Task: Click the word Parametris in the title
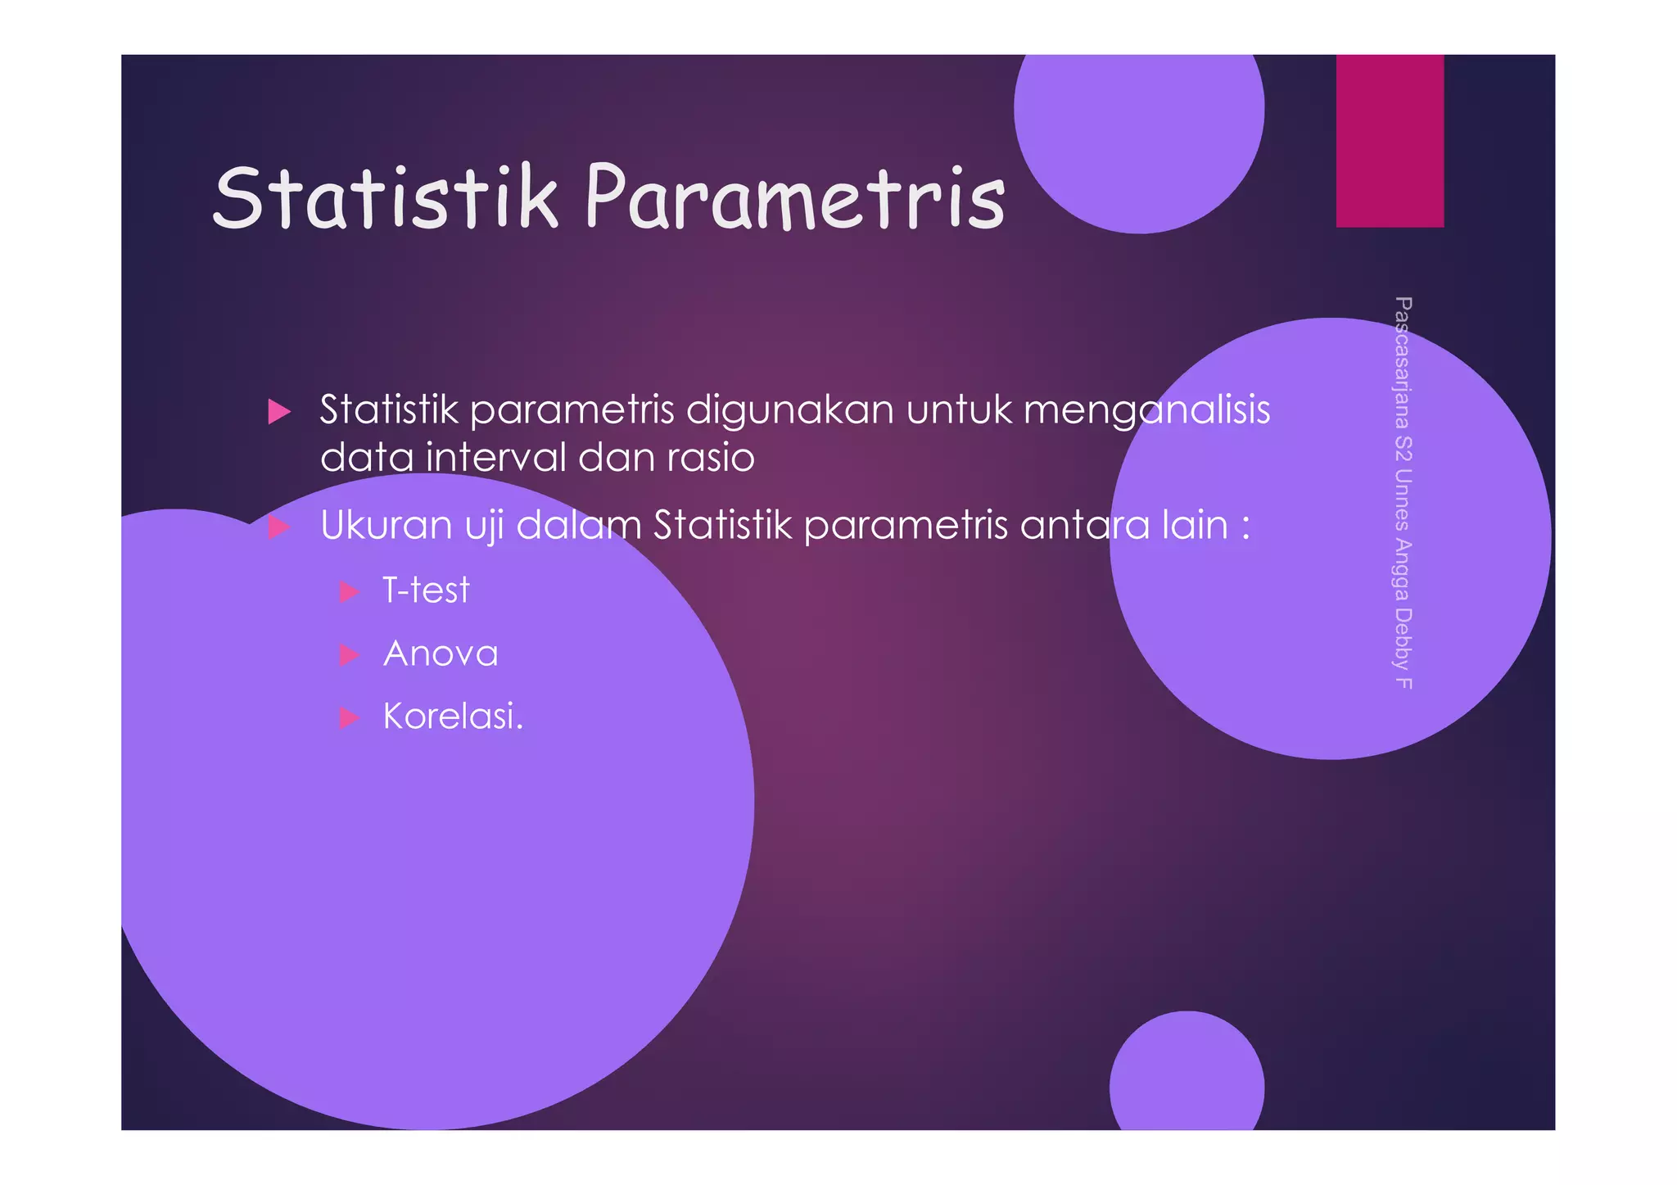(x=794, y=198)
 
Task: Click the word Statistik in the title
(x=385, y=198)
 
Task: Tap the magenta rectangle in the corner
(x=1390, y=141)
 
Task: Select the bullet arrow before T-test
(x=349, y=591)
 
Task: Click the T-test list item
(x=426, y=590)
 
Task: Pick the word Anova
(x=441, y=654)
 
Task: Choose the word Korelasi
(x=452, y=717)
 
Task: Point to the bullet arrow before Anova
(x=349, y=654)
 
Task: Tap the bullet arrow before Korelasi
(x=349, y=718)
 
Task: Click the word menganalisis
(x=1146, y=410)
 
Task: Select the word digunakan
(x=789, y=410)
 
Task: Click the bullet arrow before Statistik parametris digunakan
(x=279, y=411)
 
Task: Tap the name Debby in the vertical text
(x=1403, y=640)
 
